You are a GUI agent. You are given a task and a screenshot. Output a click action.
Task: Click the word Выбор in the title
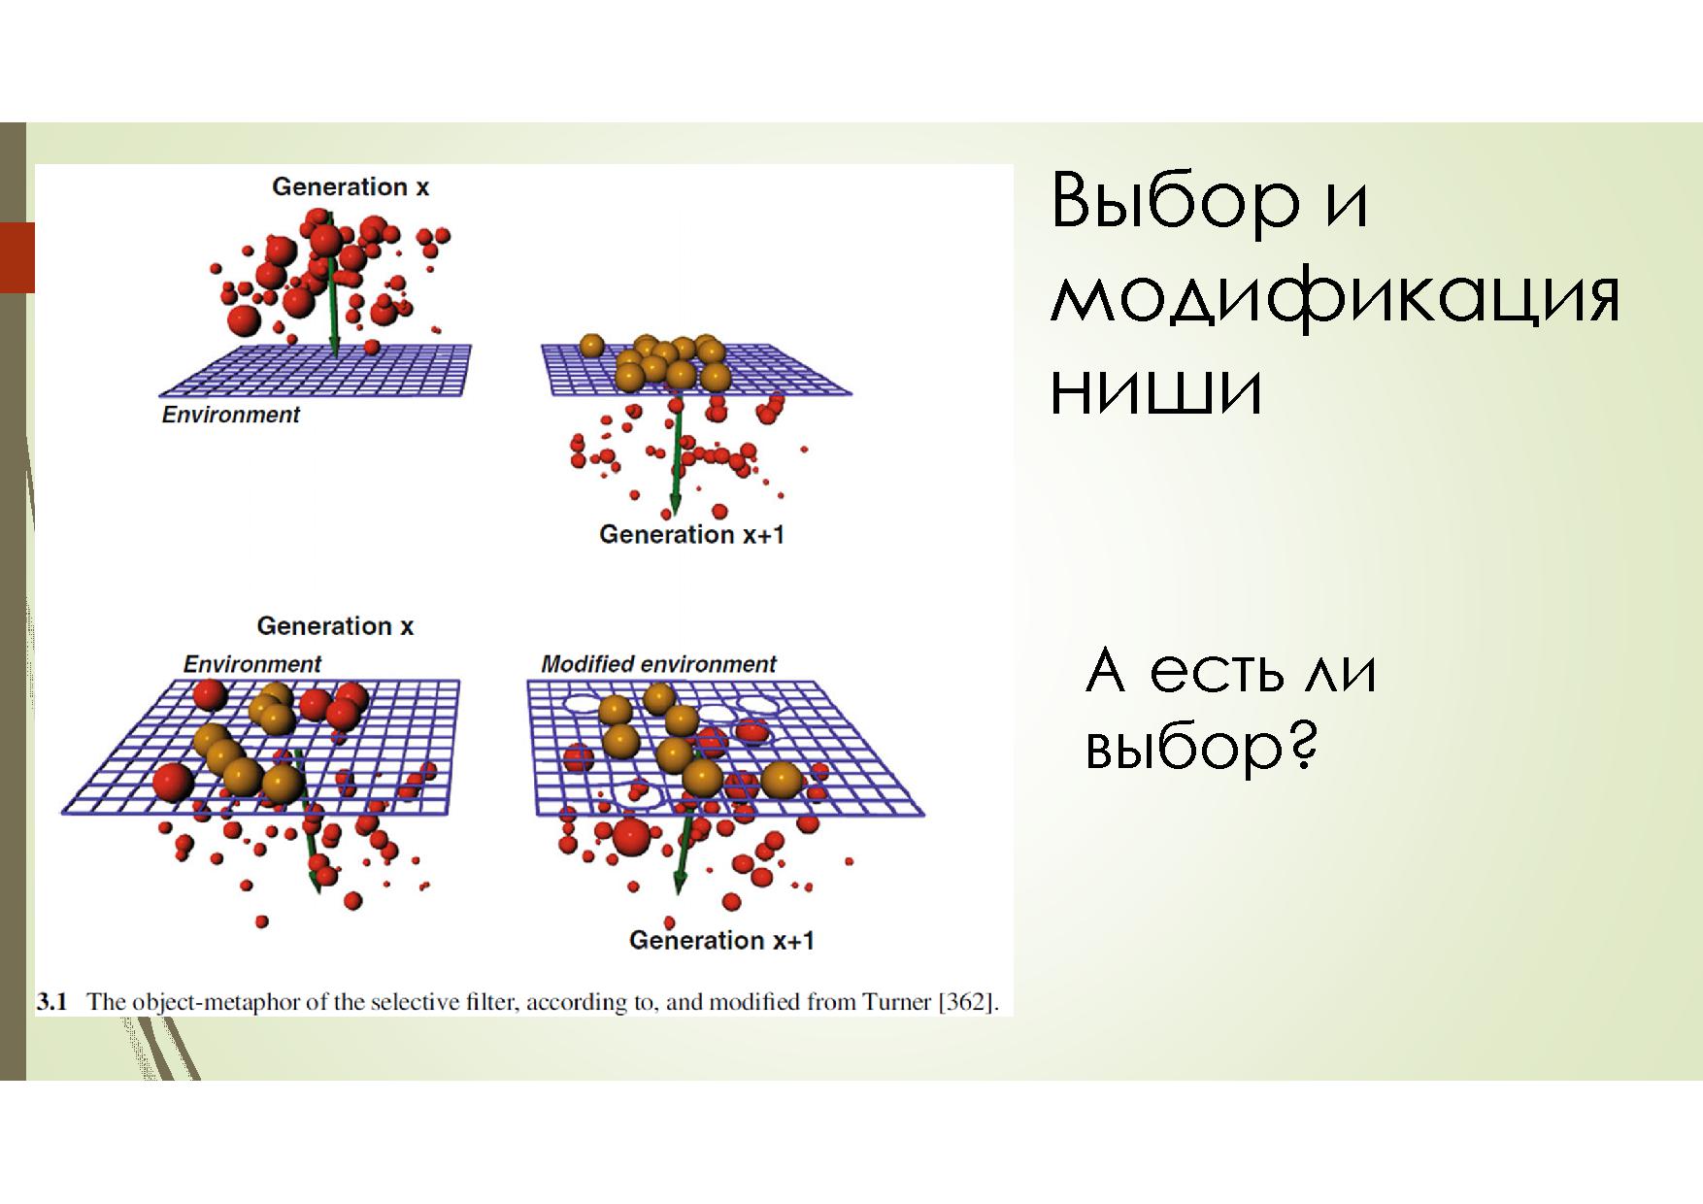click(x=1175, y=201)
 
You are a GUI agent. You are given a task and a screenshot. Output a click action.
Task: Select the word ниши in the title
click(x=1156, y=390)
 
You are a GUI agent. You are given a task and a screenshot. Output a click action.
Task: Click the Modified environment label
click(x=658, y=664)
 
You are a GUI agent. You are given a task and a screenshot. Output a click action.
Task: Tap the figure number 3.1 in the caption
click(x=51, y=1002)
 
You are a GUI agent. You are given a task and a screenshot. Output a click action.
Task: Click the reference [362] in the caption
click(x=966, y=1002)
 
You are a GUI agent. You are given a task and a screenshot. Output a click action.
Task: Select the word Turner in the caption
click(x=897, y=1002)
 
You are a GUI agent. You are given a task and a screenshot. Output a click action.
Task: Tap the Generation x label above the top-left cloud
click(x=351, y=186)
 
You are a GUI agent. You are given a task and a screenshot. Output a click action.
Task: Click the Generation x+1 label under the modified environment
click(x=721, y=940)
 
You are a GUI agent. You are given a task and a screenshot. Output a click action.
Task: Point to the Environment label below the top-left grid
click(x=230, y=415)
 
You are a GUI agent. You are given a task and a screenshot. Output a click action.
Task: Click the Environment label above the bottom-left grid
click(x=251, y=664)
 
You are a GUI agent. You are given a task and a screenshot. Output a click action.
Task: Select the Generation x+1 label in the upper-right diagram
click(x=691, y=534)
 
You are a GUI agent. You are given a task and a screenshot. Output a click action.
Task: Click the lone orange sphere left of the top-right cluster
click(x=591, y=345)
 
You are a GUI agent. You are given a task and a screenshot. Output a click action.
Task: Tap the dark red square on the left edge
click(x=17, y=257)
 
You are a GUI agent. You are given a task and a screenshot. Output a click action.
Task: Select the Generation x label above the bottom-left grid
click(x=335, y=626)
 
